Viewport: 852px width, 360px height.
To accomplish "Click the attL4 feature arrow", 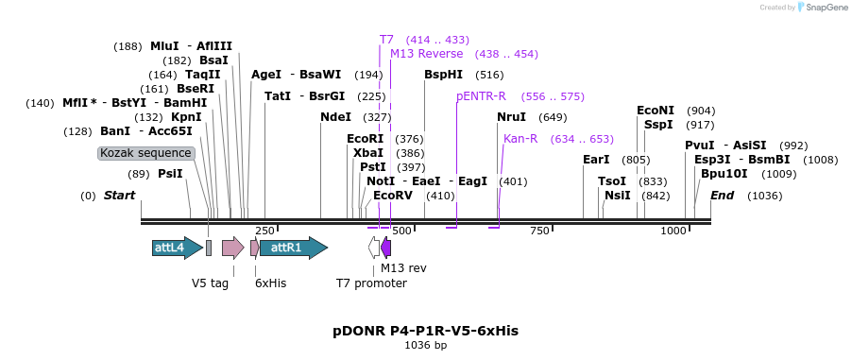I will coord(177,248).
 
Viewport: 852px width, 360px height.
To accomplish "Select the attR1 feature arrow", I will coord(294,248).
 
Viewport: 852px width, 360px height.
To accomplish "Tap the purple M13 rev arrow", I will coord(385,248).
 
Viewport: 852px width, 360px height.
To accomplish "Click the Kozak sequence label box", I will coord(146,153).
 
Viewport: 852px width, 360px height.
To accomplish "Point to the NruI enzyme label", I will coord(512,117).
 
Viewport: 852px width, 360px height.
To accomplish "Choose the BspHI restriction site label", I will coord(443,74).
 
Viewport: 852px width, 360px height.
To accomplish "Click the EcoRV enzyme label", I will coord(393,195).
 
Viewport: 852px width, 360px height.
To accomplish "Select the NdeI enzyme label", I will coord(335,117).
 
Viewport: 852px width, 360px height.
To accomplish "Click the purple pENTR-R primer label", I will coord(481,96).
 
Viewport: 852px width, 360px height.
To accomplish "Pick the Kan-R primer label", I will coord(520,139).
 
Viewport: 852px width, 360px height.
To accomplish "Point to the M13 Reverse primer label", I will coord(427,54).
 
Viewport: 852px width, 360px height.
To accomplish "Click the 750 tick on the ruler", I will coord(539,231).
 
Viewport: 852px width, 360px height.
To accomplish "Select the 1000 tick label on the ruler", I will coord(673,231).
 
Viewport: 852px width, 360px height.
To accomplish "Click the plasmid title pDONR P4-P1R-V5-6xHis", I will coord(425,331).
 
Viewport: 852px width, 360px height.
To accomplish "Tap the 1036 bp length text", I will coord(425,346).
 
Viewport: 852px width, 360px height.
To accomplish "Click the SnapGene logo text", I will coord(825,8).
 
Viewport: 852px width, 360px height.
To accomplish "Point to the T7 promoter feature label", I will coord(371,283).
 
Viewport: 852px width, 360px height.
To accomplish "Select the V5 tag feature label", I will coord(210,283).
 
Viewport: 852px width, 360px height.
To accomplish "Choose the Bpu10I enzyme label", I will coord(724,174).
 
